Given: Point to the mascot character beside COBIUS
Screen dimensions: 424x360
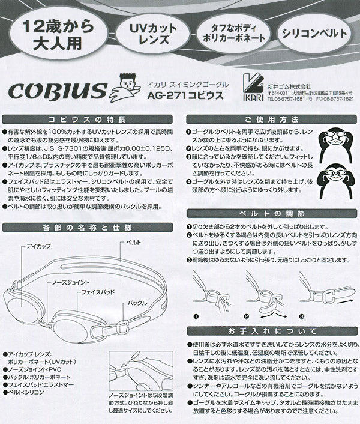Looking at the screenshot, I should [x=125, y=88].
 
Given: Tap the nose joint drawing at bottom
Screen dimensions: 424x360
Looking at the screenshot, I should [x=136, y=372].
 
